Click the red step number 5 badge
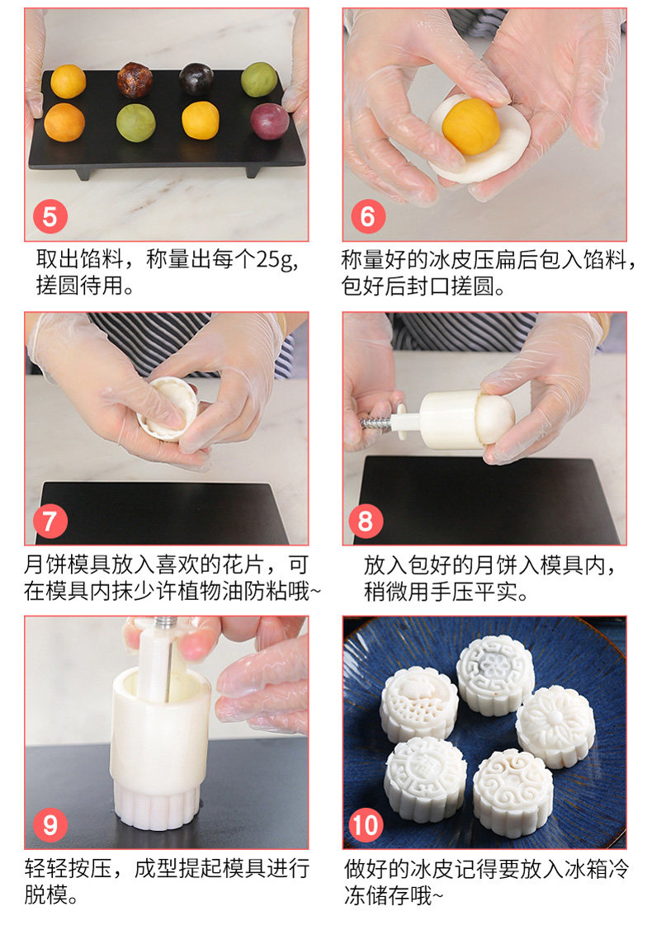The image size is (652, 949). (x=50, y=217)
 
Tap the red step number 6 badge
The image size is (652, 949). (x=368, y=217)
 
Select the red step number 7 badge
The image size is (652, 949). (x=50, y=521)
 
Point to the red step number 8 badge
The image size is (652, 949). (x=366, y=521)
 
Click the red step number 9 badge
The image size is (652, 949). (x=50, y=824)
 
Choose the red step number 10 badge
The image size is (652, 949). (x=366, y=824)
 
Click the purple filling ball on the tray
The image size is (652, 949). (x=269, y=121)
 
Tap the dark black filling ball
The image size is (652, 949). (x=196, y=79)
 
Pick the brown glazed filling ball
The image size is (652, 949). (x=135, y=79)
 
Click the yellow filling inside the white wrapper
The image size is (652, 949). (x=471, y=126)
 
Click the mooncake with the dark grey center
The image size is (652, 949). (x=494, y=674)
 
